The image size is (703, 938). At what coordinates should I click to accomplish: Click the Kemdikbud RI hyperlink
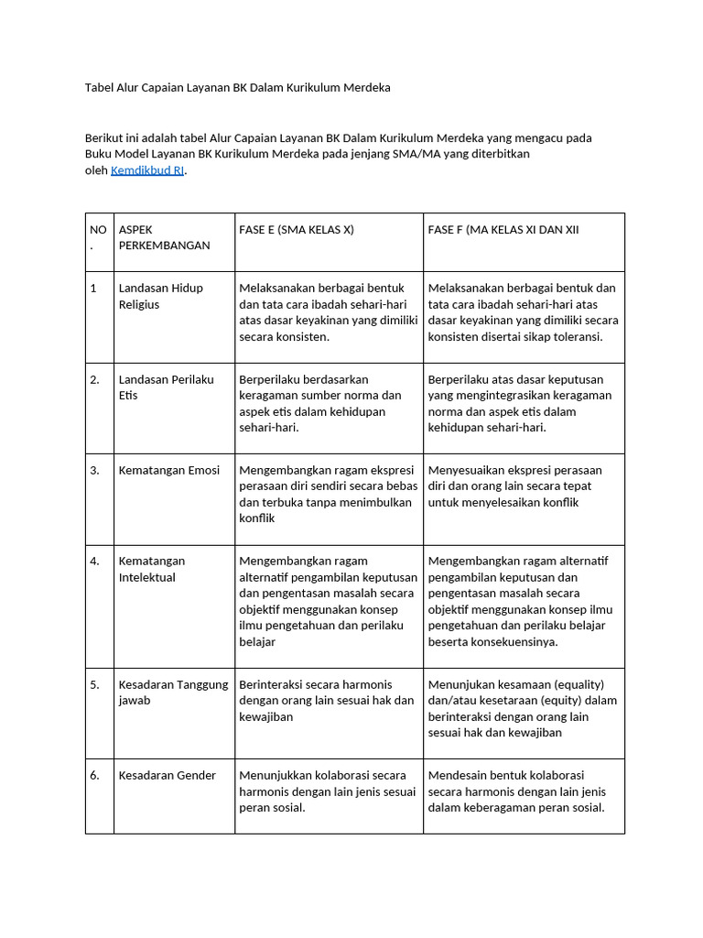click(146, 170)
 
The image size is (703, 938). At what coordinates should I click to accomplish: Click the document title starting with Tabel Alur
click(237, 88)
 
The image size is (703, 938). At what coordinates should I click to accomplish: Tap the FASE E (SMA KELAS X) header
click(296, 230)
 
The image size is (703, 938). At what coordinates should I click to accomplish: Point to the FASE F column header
click(503, 230)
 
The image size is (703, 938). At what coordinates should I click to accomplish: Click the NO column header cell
click(98, 237)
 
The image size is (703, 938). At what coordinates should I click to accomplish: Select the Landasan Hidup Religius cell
click(161, 296)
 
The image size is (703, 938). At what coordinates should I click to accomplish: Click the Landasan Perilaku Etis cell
click(166, 387)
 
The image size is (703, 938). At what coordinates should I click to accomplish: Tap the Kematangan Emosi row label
click(169, 470)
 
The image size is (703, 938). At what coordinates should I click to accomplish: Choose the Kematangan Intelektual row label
click(152, 569)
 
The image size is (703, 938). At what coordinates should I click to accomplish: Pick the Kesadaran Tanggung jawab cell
click(172, 692)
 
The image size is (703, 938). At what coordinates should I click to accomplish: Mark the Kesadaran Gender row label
click(168, 775)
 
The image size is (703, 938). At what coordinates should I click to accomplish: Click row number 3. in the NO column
click(95, 470)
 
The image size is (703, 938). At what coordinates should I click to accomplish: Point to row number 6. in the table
click(95, 775)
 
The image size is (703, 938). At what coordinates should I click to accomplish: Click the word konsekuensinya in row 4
click(514, 641)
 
